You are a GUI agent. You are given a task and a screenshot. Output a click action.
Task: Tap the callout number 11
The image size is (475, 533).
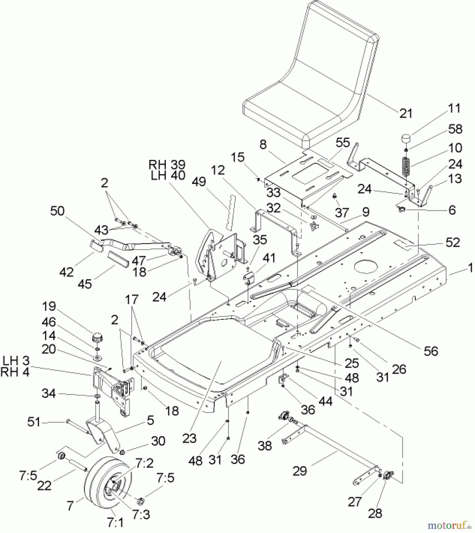[x=454, y=108]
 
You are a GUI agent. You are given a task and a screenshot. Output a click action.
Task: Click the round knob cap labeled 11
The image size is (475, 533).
[x=407, y=139]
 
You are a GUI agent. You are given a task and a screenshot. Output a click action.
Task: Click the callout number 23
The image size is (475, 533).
[x=189, y=438]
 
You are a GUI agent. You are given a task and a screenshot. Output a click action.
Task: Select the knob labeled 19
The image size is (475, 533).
[x=97, y=337]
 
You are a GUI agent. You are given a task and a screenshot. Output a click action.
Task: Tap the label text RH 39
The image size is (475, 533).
[x=167, y=165]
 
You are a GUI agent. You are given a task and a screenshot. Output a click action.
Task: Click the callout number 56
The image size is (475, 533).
[x=431, y=351]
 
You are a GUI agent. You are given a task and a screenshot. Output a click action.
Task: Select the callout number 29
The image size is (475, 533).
[x=299, y=471]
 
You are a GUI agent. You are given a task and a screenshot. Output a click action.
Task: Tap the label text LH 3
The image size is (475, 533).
[x=16, y=361]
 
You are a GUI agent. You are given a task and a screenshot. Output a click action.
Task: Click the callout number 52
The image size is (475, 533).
[x=452, y=243]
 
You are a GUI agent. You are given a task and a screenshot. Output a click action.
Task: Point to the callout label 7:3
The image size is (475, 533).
[x=141, y=515]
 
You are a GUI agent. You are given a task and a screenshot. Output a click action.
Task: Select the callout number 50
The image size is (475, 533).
[x=57, y=211]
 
